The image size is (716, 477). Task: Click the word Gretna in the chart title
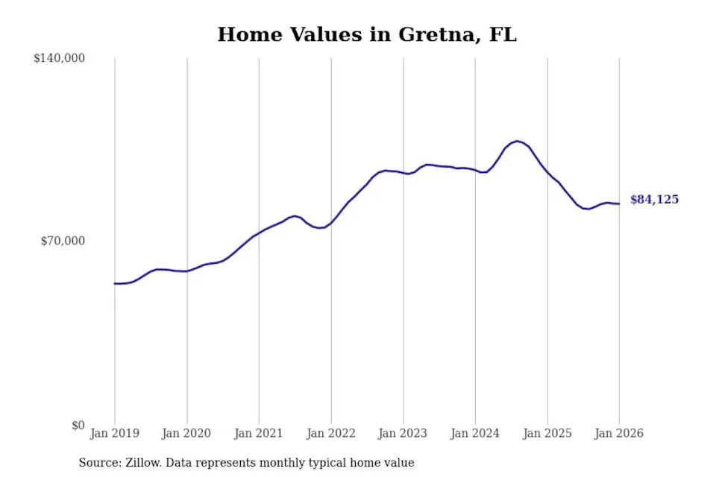coord(435,34)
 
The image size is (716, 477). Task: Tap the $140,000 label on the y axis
coord(59,58)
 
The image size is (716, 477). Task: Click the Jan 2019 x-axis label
coord(115,434)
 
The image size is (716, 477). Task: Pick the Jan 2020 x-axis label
coord(187,434)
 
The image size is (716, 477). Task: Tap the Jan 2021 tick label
coord(259,434)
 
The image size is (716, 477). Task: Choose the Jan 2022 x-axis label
coord(331,434)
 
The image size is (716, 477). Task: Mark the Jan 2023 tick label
coord(403,434)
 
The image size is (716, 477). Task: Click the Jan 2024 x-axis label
coord(476,434)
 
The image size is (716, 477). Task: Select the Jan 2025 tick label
coord(547,434)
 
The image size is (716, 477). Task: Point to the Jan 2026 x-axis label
coord(619,434)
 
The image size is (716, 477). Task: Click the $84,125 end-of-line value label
coord(654,200)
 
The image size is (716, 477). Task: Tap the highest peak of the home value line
coord(517,141)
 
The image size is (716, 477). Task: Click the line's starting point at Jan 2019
coord(115,283)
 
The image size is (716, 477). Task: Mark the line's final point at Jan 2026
coord(619,203)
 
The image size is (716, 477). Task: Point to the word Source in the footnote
coord(100,463)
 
